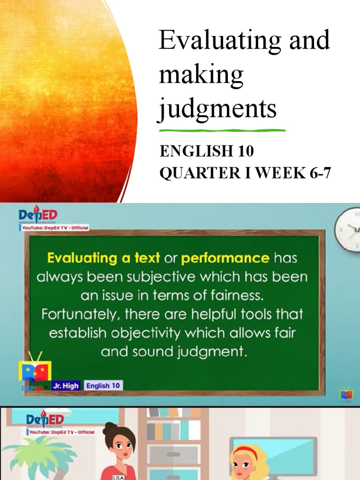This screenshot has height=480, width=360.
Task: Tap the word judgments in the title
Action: click(x=217, y=108)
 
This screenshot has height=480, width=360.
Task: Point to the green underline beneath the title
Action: click(x=222, y=130)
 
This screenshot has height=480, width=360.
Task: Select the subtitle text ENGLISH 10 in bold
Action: click(x=207, y=151)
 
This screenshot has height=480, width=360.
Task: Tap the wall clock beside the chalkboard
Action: click(x=348, y=230)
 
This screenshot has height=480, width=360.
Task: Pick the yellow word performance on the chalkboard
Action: click(x=225, y=258)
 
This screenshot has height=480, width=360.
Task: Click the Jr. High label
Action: click(x=66, y=385)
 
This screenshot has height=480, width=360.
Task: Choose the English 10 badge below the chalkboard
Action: click(x=104, y=385)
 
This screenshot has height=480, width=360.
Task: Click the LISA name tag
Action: click(x=118, y=477)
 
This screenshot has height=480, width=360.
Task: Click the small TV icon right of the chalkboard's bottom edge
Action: click(x=346, y=393)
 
